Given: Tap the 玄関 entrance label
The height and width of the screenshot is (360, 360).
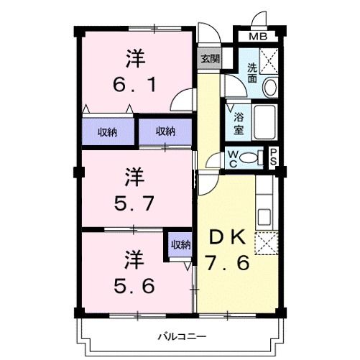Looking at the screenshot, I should point(210,59).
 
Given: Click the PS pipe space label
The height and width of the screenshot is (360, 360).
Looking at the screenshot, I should point(274,157).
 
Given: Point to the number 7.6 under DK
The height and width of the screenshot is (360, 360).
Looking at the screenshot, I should point(229,263).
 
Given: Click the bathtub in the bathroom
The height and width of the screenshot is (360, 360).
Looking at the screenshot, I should point(263,123).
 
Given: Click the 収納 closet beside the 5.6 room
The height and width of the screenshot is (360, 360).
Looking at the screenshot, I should point(180,245).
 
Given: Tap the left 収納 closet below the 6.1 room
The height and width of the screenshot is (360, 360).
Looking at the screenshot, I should point(108,131).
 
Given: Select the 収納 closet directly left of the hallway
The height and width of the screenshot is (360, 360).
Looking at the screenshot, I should point(166,131).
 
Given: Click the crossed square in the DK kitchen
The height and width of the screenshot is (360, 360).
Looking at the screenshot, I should point(266,245).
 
